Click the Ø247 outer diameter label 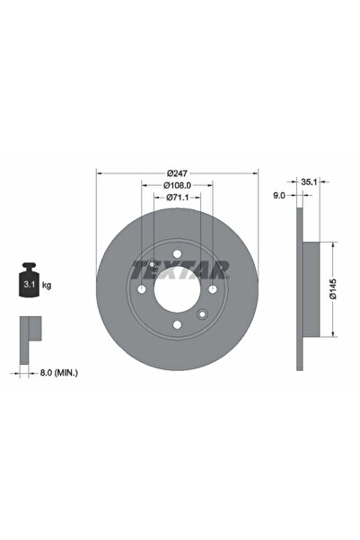[x=177, y=172]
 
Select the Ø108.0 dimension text [x=177, y=185]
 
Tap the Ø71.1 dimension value [x=177, y=199]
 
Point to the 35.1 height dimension [x=308, y=181]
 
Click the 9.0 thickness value [x=279, y=193]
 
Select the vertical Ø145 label [x=331, y=290]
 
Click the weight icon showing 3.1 [x=27, y=283]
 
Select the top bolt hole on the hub [x=177, y=253]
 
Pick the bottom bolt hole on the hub [x=177, y=324]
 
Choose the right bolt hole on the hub [x=212, y=289]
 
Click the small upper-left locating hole [x=153, y=264]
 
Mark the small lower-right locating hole [x=202, y=314]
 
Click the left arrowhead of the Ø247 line [x=99, y=173]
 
